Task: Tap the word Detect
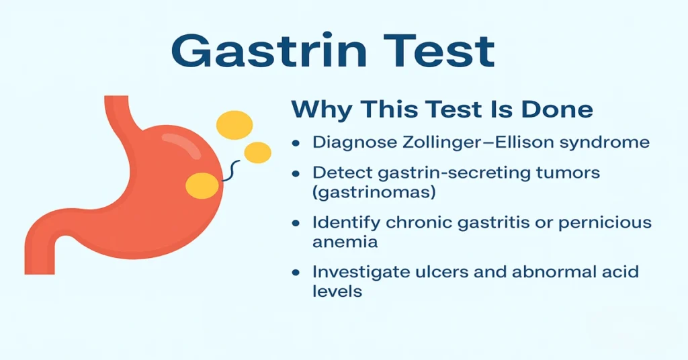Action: coord(339,173)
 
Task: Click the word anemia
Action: coord(345,242)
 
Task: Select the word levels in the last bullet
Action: coord(337,291)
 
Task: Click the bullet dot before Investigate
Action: coord(296,273)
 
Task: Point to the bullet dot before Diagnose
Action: coord(296,143)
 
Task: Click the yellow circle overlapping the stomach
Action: coord(202,185)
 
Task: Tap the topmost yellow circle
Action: coord(234,126)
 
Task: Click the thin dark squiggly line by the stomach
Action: coord(230,171)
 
